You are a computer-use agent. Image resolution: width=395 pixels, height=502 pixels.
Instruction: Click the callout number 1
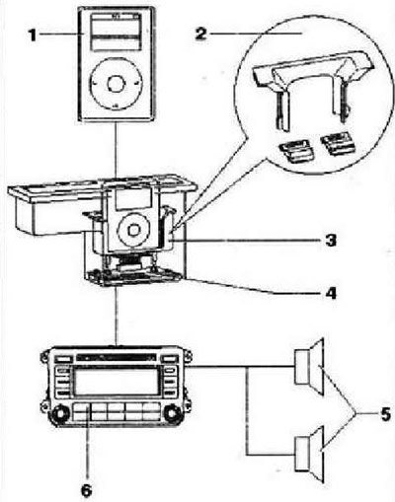pyautogui.click(x=32, y=36)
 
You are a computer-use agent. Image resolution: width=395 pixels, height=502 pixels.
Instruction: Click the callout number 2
pyautogui.click(x=201, y=34)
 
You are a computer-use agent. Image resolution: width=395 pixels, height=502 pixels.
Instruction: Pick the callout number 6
pyautogui.click(x=86, y=491)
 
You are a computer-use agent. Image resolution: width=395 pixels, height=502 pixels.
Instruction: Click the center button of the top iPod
pyautogui.click(x=117, y=84)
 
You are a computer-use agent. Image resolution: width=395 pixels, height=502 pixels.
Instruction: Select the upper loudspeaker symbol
pyautogui.click(x=309, y=367)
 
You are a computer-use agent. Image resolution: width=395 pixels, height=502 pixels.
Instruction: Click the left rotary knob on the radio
pyautogui.click(x=59, y=413)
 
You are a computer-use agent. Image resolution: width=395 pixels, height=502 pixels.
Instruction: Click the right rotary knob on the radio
pyautogui.click(x=172, y=413)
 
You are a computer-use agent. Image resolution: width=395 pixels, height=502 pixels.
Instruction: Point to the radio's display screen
pyautogui.click(x=117, y=382)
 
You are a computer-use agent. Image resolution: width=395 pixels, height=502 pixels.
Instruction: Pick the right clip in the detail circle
pyautogui.click(x=339, y=144)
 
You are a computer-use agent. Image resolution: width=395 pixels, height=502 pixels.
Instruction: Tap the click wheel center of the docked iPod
pyautogui.click(x=133, y=229)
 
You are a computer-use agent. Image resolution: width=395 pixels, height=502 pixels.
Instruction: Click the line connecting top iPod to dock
pyautogui.click(x=116, y=149)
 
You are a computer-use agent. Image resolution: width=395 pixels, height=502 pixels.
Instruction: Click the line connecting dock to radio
pyautogui.click(x=116, y=317)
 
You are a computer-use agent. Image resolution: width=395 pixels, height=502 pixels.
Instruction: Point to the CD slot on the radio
pyautogui.click(x=116, y=357)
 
